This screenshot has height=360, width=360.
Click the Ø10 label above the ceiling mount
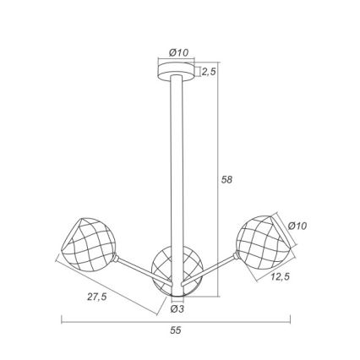[178, 52]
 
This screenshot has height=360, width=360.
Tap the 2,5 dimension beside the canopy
[209, 72]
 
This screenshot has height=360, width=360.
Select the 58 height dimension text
[226, 179]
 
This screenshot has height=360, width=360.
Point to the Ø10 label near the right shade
[297, 226]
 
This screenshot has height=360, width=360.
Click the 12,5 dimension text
[281, 276]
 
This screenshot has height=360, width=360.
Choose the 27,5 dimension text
[97, 297]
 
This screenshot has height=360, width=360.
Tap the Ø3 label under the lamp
[177, 309]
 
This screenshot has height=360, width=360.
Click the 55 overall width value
[176, 330]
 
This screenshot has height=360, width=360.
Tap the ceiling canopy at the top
[176, 70]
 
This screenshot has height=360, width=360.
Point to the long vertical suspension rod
[176, 169]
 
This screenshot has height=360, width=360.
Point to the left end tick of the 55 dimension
[62, 320]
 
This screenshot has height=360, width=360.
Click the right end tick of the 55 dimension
[290, 320]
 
